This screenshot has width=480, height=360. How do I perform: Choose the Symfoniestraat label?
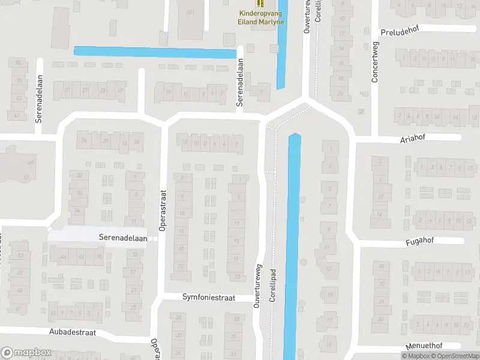(209, 298)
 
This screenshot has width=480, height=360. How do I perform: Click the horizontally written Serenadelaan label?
(123, 238)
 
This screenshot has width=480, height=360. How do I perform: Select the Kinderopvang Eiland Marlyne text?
(260, 17)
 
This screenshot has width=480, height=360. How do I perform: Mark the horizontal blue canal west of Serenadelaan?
(155, 52)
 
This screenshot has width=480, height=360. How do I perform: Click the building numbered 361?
(190, 13)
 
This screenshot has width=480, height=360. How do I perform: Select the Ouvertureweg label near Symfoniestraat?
(259, 287)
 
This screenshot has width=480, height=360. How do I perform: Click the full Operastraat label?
(162, 211)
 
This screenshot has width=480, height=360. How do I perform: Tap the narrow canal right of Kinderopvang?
(281, 54)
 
